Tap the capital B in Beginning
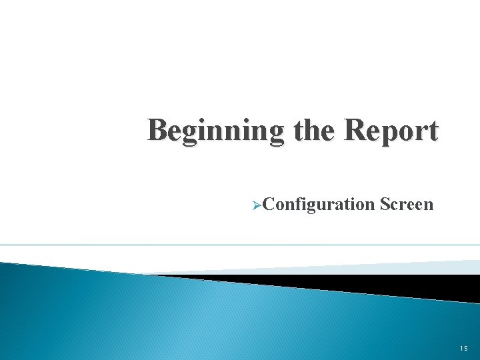tap(158, 129)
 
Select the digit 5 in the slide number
tap(465, 348)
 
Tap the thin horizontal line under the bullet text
tap(240, 245)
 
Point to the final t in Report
tap(433, 131)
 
